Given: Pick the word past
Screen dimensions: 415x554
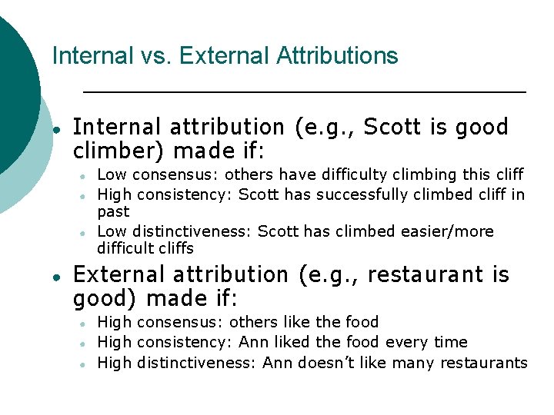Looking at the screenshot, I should pos(113,211).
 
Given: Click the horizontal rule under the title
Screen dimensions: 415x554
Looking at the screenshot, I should pos(304,92).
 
